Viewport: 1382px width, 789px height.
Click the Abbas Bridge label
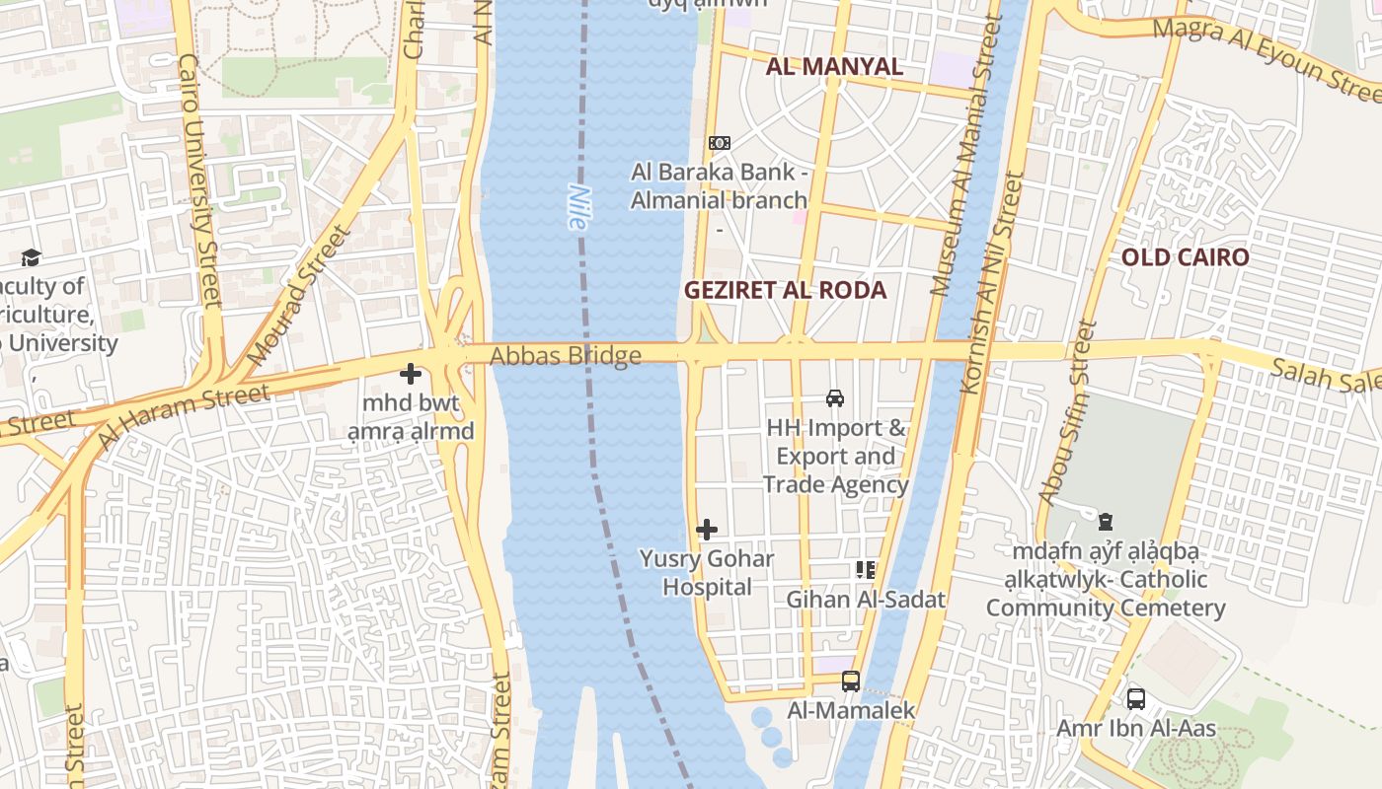click(x=566, y=355)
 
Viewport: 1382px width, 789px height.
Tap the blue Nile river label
click(x=577, y=208)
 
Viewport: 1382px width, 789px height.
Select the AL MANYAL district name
click(x=834, y=66)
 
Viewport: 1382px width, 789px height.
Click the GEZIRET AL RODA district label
click(x=785, y=290)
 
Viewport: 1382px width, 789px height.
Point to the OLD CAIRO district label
click(x=1185, y=257)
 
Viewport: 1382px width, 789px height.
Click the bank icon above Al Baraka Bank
click(x=720, y=143)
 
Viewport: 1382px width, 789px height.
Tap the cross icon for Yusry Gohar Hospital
click(x=707, y=530)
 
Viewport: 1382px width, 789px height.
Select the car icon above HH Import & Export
click(x=835, y=398)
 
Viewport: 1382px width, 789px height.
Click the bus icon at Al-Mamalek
click(x=851, y=681)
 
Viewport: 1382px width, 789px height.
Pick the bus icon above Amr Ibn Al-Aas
click(x=1136, y=699)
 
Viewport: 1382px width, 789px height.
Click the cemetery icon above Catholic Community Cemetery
click(x=1106, y=521)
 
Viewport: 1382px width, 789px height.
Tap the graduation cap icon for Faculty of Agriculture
click(x=31, y=258)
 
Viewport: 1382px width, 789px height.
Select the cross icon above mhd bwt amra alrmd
click(x=411, y=374)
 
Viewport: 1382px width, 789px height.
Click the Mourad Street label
click(x=299, y=294)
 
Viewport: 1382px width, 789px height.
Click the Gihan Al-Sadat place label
click(x=865, y=599)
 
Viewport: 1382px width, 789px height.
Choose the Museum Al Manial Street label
click(x=963, y=158)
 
